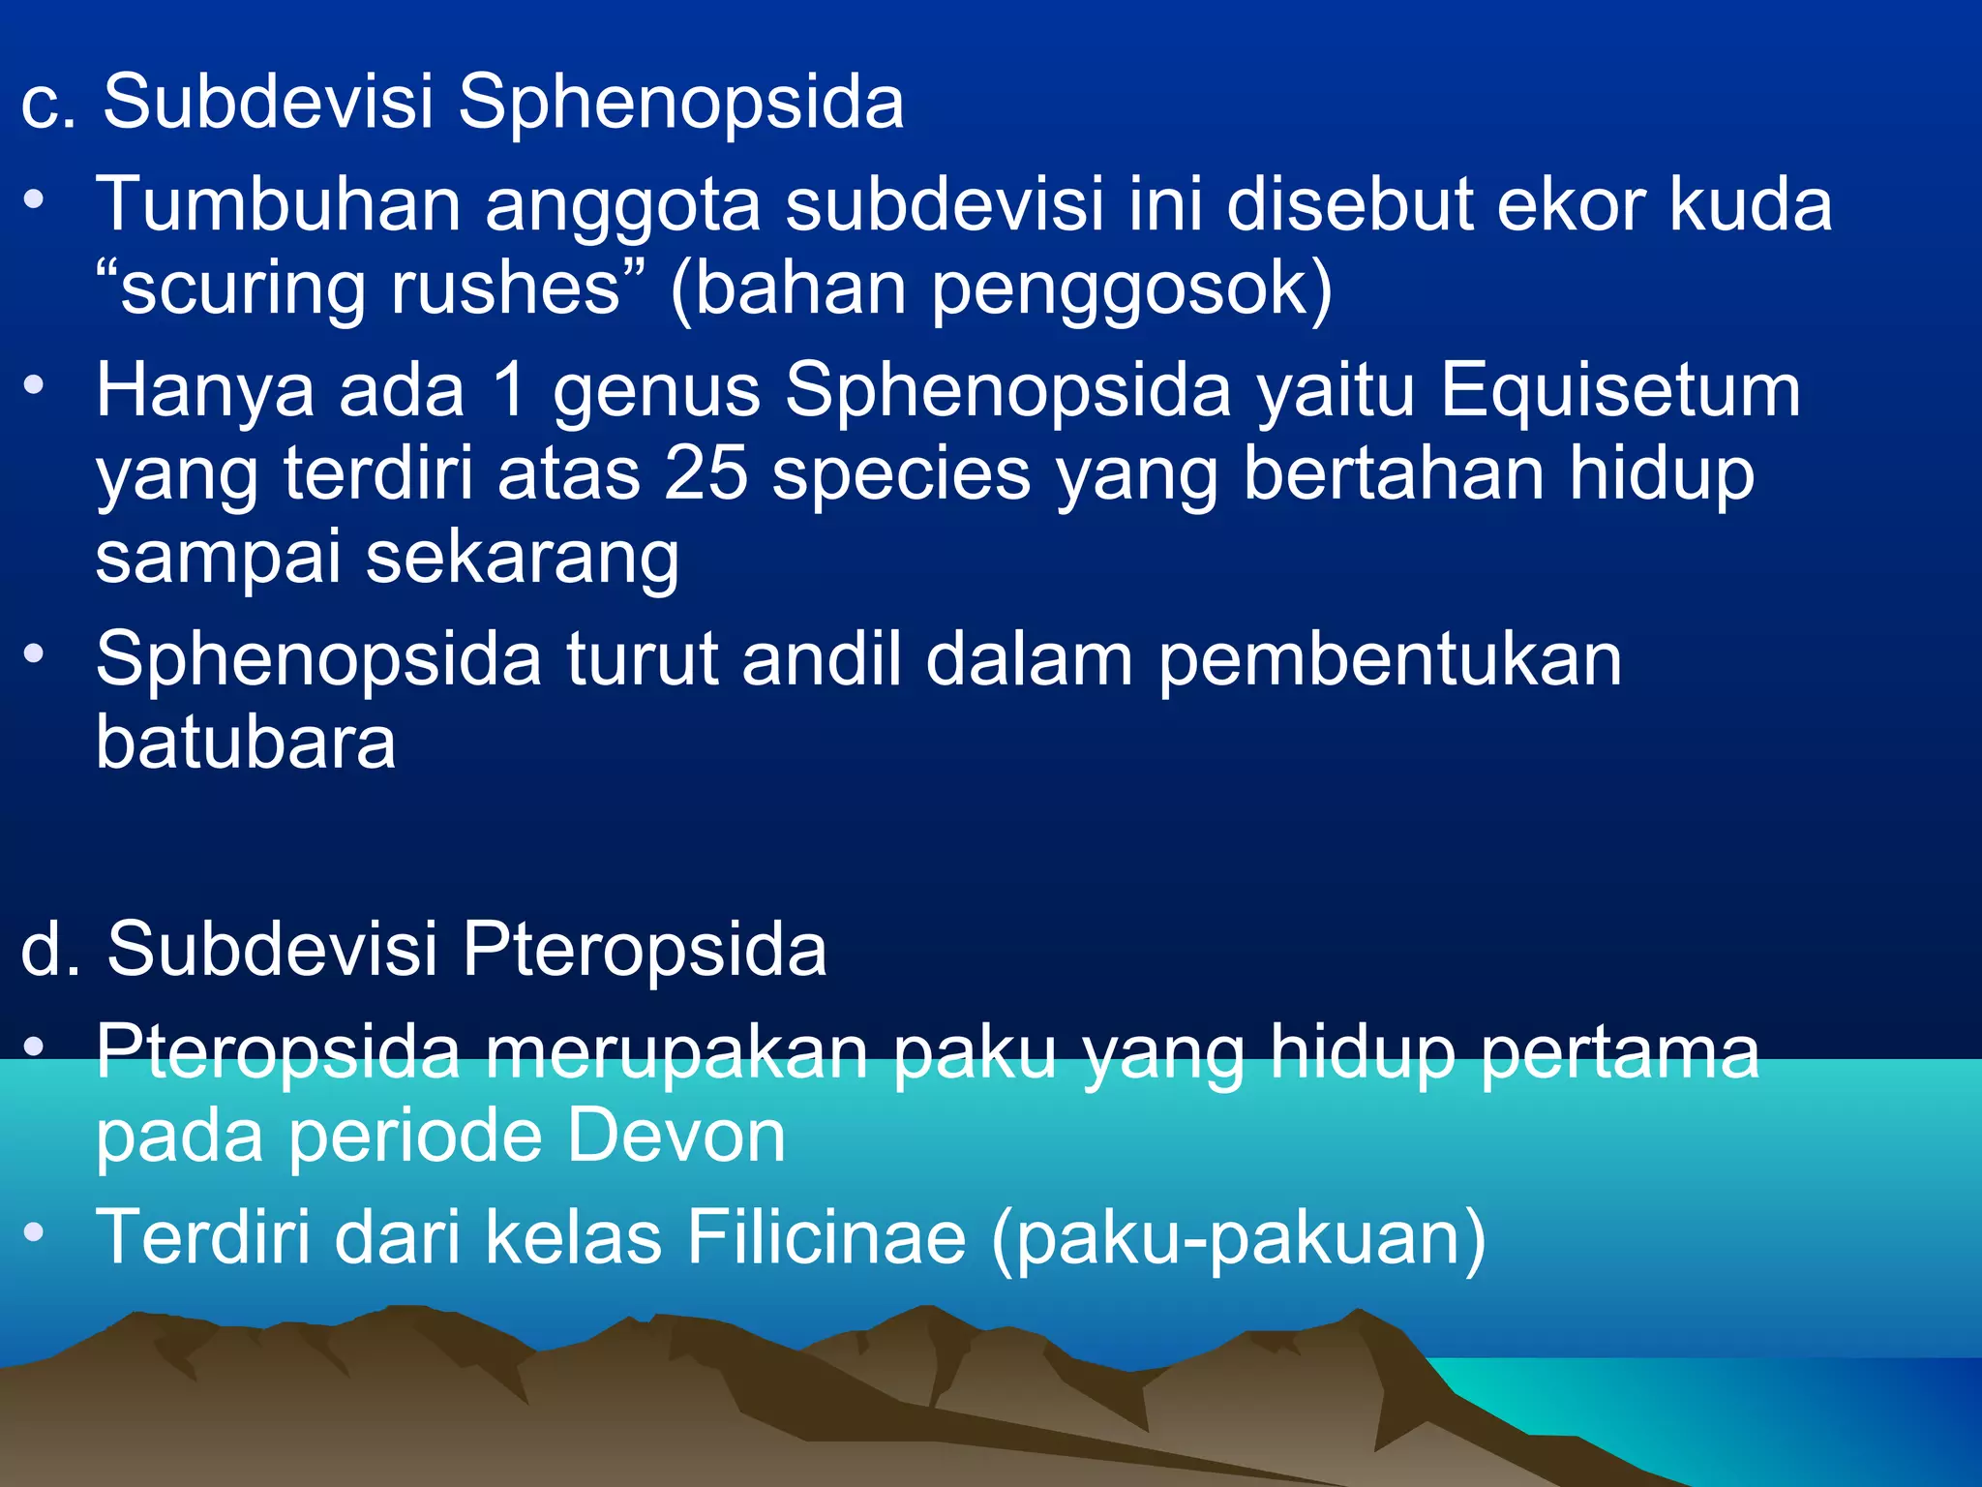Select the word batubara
tap(246, 743)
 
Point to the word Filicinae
tap(826, 1237)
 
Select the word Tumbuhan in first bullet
tap(278, 205)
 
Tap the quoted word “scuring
tap(231, 290)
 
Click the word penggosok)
tap(1131, 290)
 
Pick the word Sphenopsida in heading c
tap(680, 103)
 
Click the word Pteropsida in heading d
tap(644, 949)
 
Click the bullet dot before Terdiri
tap(35, 1231)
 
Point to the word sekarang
tap(522, 560)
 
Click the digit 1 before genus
tap(507, 391)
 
